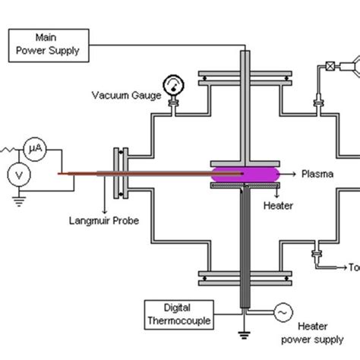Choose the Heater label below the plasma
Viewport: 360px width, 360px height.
point(277,205)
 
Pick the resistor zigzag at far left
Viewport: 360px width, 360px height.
point(9,147)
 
